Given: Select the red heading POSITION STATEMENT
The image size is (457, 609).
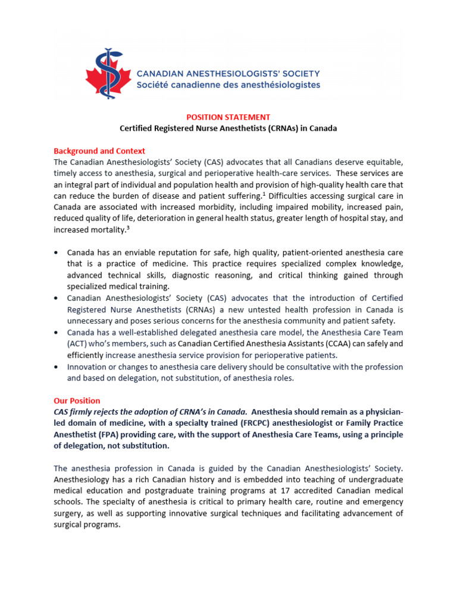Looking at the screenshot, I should click(228, 117).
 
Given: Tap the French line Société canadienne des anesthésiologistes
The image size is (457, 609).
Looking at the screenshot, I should click(228, 85).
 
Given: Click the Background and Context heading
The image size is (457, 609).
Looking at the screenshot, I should click(99, 151).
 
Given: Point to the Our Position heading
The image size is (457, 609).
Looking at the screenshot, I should click(77, 401).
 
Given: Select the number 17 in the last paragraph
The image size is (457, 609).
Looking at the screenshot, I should click(295, 491).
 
